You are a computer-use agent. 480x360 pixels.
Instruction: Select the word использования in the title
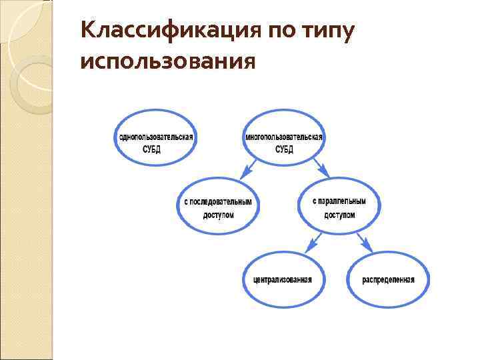[167, 62]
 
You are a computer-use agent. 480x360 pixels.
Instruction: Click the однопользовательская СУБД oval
[156, 142]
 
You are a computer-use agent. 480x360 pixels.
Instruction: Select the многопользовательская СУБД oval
[284, 142]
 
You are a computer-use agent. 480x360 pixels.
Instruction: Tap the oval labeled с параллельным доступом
[339, 207]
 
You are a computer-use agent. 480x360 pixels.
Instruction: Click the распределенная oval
[389, 279]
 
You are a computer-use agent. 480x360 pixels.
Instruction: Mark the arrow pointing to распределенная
[363, 241]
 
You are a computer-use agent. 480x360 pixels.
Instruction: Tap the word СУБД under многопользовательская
[284, 149]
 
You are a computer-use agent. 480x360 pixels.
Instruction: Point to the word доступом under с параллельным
[339, 215]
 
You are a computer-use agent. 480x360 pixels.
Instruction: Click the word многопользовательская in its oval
[284, 137]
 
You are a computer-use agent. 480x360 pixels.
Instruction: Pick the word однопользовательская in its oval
[156, 137]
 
